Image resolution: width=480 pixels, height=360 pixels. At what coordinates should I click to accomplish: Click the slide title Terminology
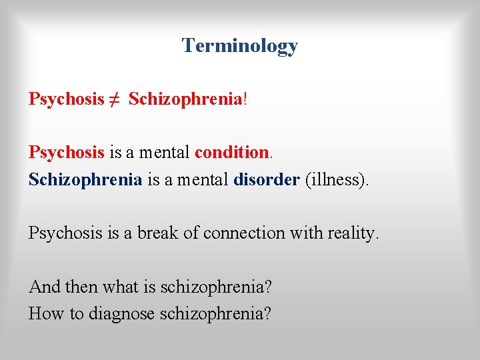point(239,45)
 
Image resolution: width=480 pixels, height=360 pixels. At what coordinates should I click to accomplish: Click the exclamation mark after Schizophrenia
point(245,99)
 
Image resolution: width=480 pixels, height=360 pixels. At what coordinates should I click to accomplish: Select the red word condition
point(231,152)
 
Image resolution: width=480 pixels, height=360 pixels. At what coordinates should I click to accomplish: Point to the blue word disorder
point(266,179)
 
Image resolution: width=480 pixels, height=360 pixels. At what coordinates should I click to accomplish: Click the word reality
point(350,233)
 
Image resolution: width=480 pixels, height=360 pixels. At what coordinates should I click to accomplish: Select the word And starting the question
point(44,287)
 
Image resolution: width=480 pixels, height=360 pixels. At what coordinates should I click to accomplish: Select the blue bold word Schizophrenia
point(85,179)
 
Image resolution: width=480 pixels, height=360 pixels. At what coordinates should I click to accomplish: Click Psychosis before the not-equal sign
point(66,99)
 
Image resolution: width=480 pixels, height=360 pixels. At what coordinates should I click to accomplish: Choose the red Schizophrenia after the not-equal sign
point(185,99)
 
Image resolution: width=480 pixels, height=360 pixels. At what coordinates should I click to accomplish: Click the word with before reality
point(302,233)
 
